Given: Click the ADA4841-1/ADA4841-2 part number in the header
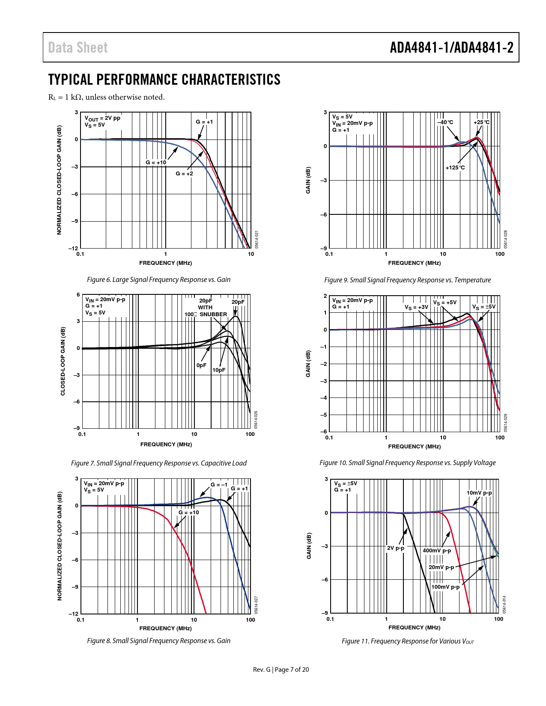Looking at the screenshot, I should (451, 47).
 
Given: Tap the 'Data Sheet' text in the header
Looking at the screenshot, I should (78, 47).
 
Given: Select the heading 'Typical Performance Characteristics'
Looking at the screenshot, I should (164, 80).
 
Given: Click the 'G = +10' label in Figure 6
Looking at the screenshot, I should (156, 163).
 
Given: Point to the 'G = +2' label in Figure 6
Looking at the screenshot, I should (184, 174).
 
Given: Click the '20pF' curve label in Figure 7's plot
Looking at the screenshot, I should (238, 302).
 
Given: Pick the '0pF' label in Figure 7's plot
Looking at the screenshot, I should (201, 365).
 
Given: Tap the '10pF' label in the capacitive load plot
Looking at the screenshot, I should (219, 370).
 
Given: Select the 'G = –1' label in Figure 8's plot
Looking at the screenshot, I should (219, 485).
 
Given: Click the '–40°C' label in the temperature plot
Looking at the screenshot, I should (445, 122).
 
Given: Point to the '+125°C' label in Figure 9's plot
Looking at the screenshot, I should (455, 168).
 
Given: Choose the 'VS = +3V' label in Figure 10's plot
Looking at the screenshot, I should (416, 307).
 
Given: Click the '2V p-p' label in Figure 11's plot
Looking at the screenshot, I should (396, 548).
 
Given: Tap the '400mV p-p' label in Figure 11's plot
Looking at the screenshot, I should (437, 551).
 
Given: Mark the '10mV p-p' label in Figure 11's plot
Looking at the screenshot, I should (479, 493).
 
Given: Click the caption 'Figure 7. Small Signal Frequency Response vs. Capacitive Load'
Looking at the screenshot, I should (159, 463).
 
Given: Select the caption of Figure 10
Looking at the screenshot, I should (408, 463).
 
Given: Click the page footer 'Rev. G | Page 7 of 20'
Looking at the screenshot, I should (281, 670).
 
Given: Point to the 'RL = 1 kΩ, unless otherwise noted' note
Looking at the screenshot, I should (106, 97).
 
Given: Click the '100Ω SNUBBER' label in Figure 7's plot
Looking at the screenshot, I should (206, 314).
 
